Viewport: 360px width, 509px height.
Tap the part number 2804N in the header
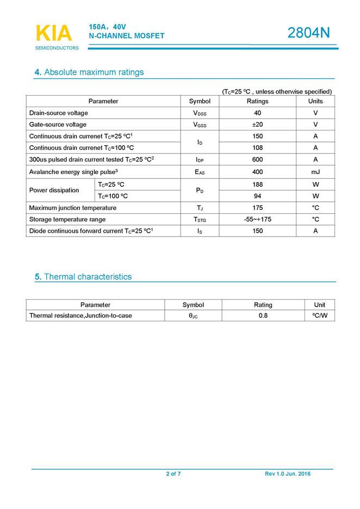click(x=308, y=33)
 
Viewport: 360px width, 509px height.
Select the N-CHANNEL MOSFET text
click(x=126, y=36)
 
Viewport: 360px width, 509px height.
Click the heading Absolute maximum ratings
click(x=89, y=72)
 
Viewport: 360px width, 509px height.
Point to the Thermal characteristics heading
click(x=83, y=277)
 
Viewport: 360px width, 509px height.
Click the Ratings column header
click(x=257, y=101)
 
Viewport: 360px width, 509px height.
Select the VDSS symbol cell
click(x=200, y=113)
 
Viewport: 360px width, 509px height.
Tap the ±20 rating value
click(x=257, y=125)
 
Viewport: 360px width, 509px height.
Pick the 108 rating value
click(x=257, y=148)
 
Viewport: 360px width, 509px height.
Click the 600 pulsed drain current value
click(x=257, y=160)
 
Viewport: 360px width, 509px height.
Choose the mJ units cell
click(x=315, y=172)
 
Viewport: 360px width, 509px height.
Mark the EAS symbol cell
click(x=200, y=172)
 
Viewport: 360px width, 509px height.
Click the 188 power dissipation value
click(x=257, y=184)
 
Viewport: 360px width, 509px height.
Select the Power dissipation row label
click(x=54, y=190)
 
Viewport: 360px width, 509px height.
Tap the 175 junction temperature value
click(x=257, y=208)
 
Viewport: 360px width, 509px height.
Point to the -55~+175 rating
click(x=257, y=219)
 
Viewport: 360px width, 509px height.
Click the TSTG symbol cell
click(x=200, y=220)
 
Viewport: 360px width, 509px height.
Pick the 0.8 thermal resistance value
click(x=263, y=315)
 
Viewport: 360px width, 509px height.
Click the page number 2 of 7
click(x=173, y=474)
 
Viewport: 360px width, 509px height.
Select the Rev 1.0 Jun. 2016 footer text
click(x=288, y=474)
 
